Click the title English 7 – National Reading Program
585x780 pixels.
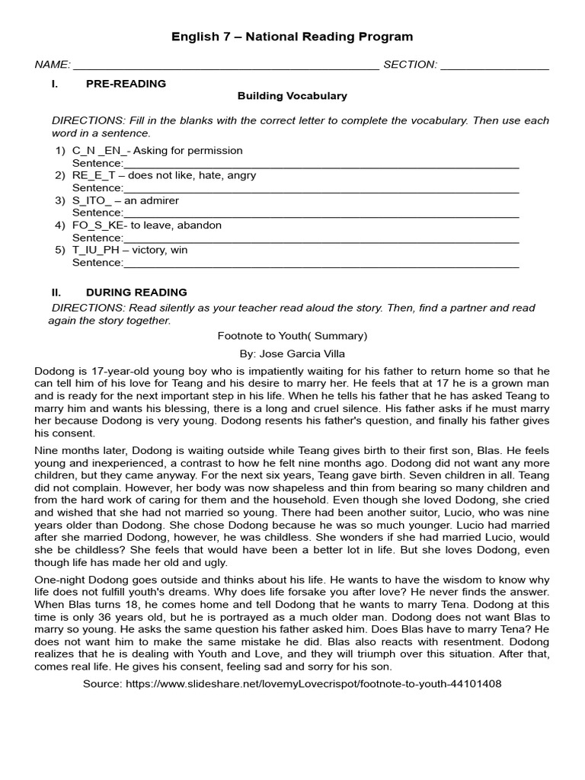click(292, 37)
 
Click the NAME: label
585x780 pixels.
click(53, 65)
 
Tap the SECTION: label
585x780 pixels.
click(410, 65)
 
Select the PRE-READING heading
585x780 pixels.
click(126, 84)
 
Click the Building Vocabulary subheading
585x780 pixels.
click(292, 96)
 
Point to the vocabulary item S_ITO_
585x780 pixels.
click(91, 200)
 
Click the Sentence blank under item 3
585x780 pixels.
click(320, 213)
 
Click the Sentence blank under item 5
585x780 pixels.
click(320, 263)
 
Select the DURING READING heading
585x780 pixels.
click(136, 292)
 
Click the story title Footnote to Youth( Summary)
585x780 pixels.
click(292, 335)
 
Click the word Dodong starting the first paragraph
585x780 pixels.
click(53, 371)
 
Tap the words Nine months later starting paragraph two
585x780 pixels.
click(77, 450)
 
